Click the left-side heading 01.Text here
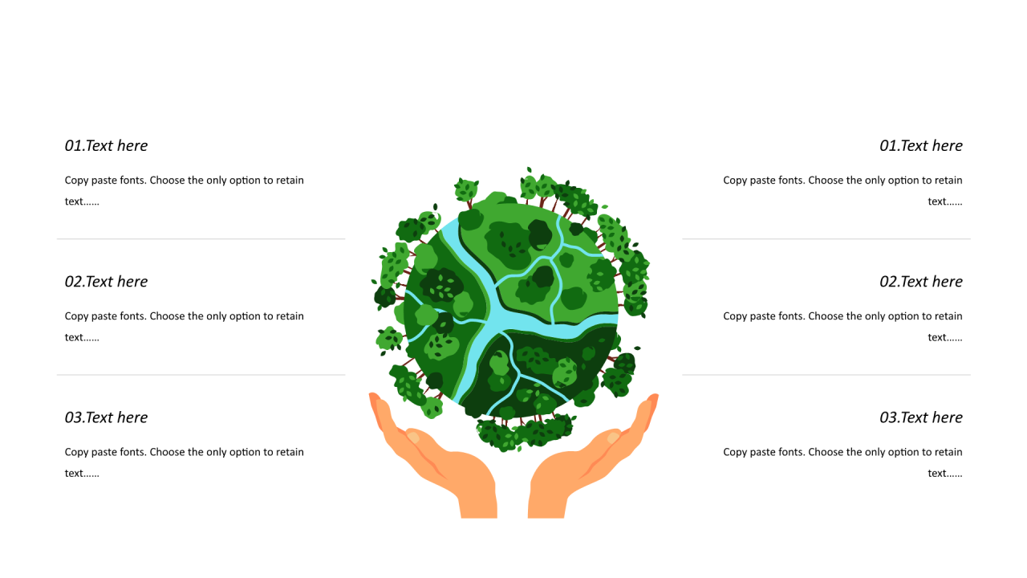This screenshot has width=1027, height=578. pos(106,145)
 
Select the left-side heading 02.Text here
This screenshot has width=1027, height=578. pos(106,281)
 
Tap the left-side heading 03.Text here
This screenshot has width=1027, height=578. pos(106,417)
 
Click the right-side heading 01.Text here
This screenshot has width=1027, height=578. pos(920,145)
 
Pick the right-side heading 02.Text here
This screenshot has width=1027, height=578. pos(920,281)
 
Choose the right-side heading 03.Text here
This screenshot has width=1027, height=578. pos(920,417)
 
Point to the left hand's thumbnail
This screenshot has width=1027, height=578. pos(413,437)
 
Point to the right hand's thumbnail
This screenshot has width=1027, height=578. pos(614,438)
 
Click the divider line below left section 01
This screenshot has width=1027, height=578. pos(201,239)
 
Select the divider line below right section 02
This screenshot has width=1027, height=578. pos(826,375)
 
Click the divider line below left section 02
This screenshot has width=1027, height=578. pos(201,375)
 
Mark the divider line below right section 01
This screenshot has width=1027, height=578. pos(826,239)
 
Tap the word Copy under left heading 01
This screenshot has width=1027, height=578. pos(76,181)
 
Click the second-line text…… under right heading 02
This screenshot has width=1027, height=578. pos(945,338)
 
